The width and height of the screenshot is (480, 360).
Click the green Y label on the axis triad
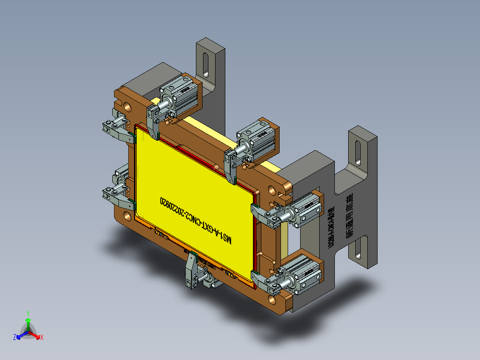[28, 313]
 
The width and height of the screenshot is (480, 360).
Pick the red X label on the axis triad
[42, 338]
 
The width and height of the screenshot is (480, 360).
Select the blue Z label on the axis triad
[15, 338]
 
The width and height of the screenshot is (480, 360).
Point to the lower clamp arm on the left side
[117, 196]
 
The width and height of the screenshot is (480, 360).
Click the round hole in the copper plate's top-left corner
[128, 106]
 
